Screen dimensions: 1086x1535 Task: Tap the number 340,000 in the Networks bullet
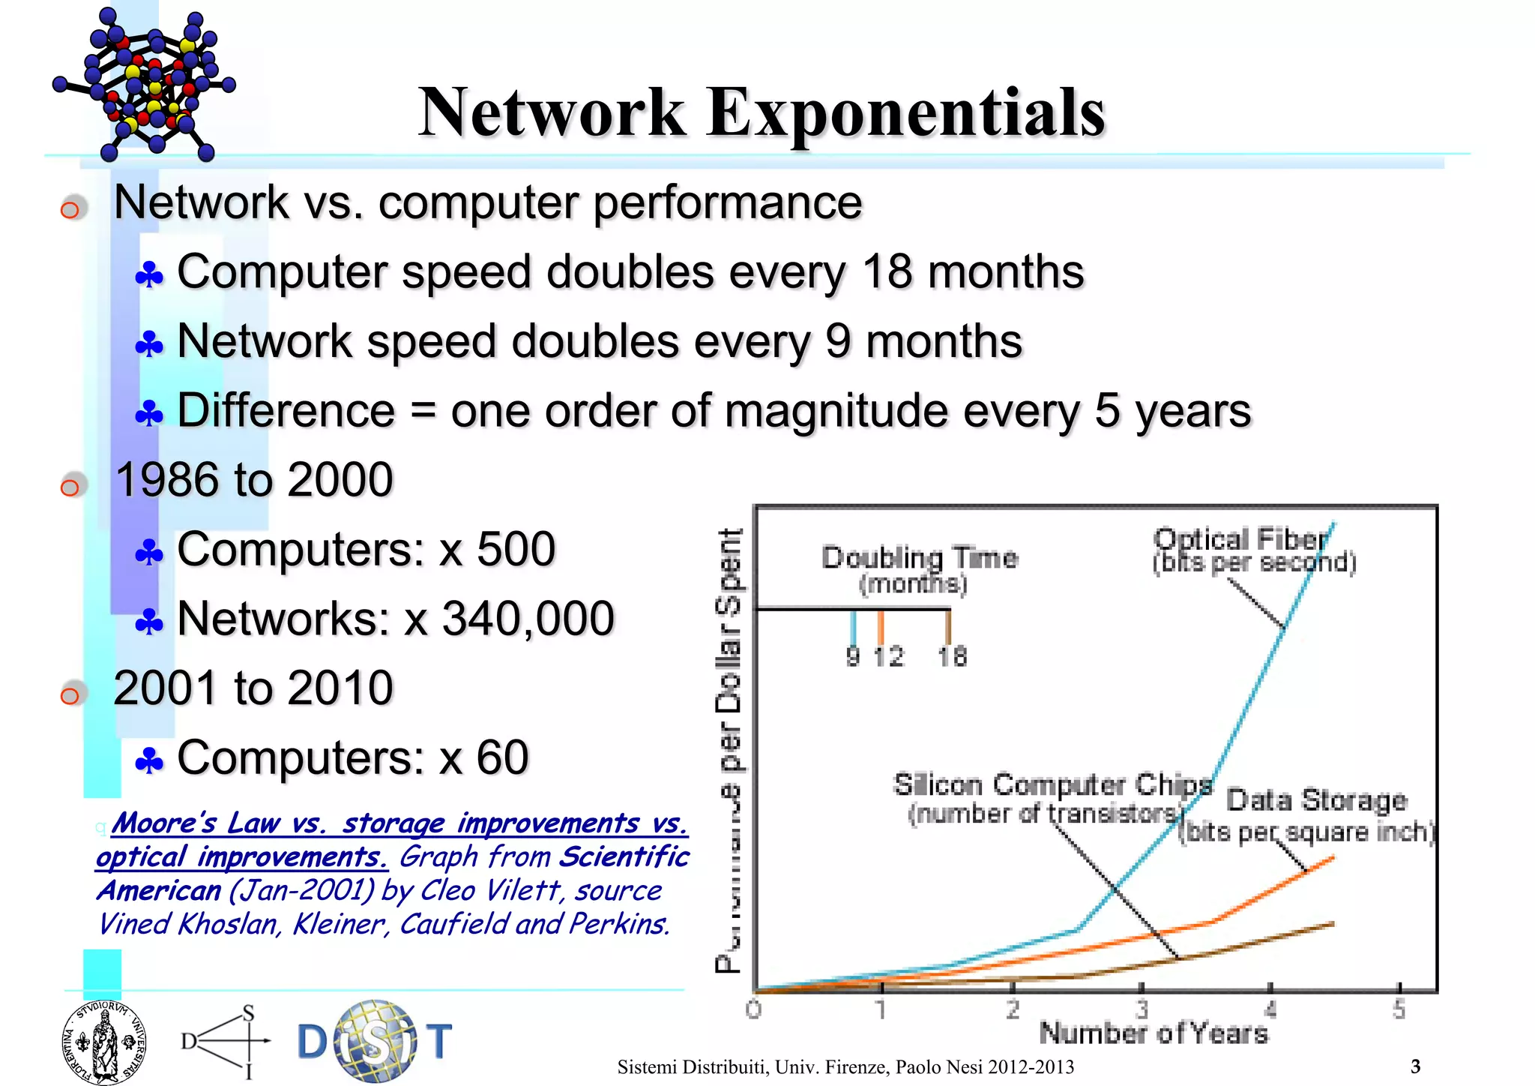tap(528, 619)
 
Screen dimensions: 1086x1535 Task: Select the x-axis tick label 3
tap(1141, 1010)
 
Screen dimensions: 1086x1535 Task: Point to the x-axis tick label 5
tap(1399, 1010)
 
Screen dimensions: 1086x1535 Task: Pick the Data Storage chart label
tap(1316, 800)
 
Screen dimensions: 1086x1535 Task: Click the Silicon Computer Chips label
tap(1052, 785)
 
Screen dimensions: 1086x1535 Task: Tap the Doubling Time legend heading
tap(920, 558)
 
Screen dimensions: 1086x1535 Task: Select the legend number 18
tap(952, 657)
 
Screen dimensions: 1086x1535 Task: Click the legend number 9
tap(853, 657)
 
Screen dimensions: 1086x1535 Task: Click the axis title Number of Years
tap(1153, 1033)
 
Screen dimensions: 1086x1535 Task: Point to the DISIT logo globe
tap(374, 1040)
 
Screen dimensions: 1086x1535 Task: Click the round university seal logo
tap(104, 1042)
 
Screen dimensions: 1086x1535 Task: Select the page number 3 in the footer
tap(1415, 1066)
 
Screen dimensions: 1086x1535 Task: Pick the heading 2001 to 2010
tap(253, 688)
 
